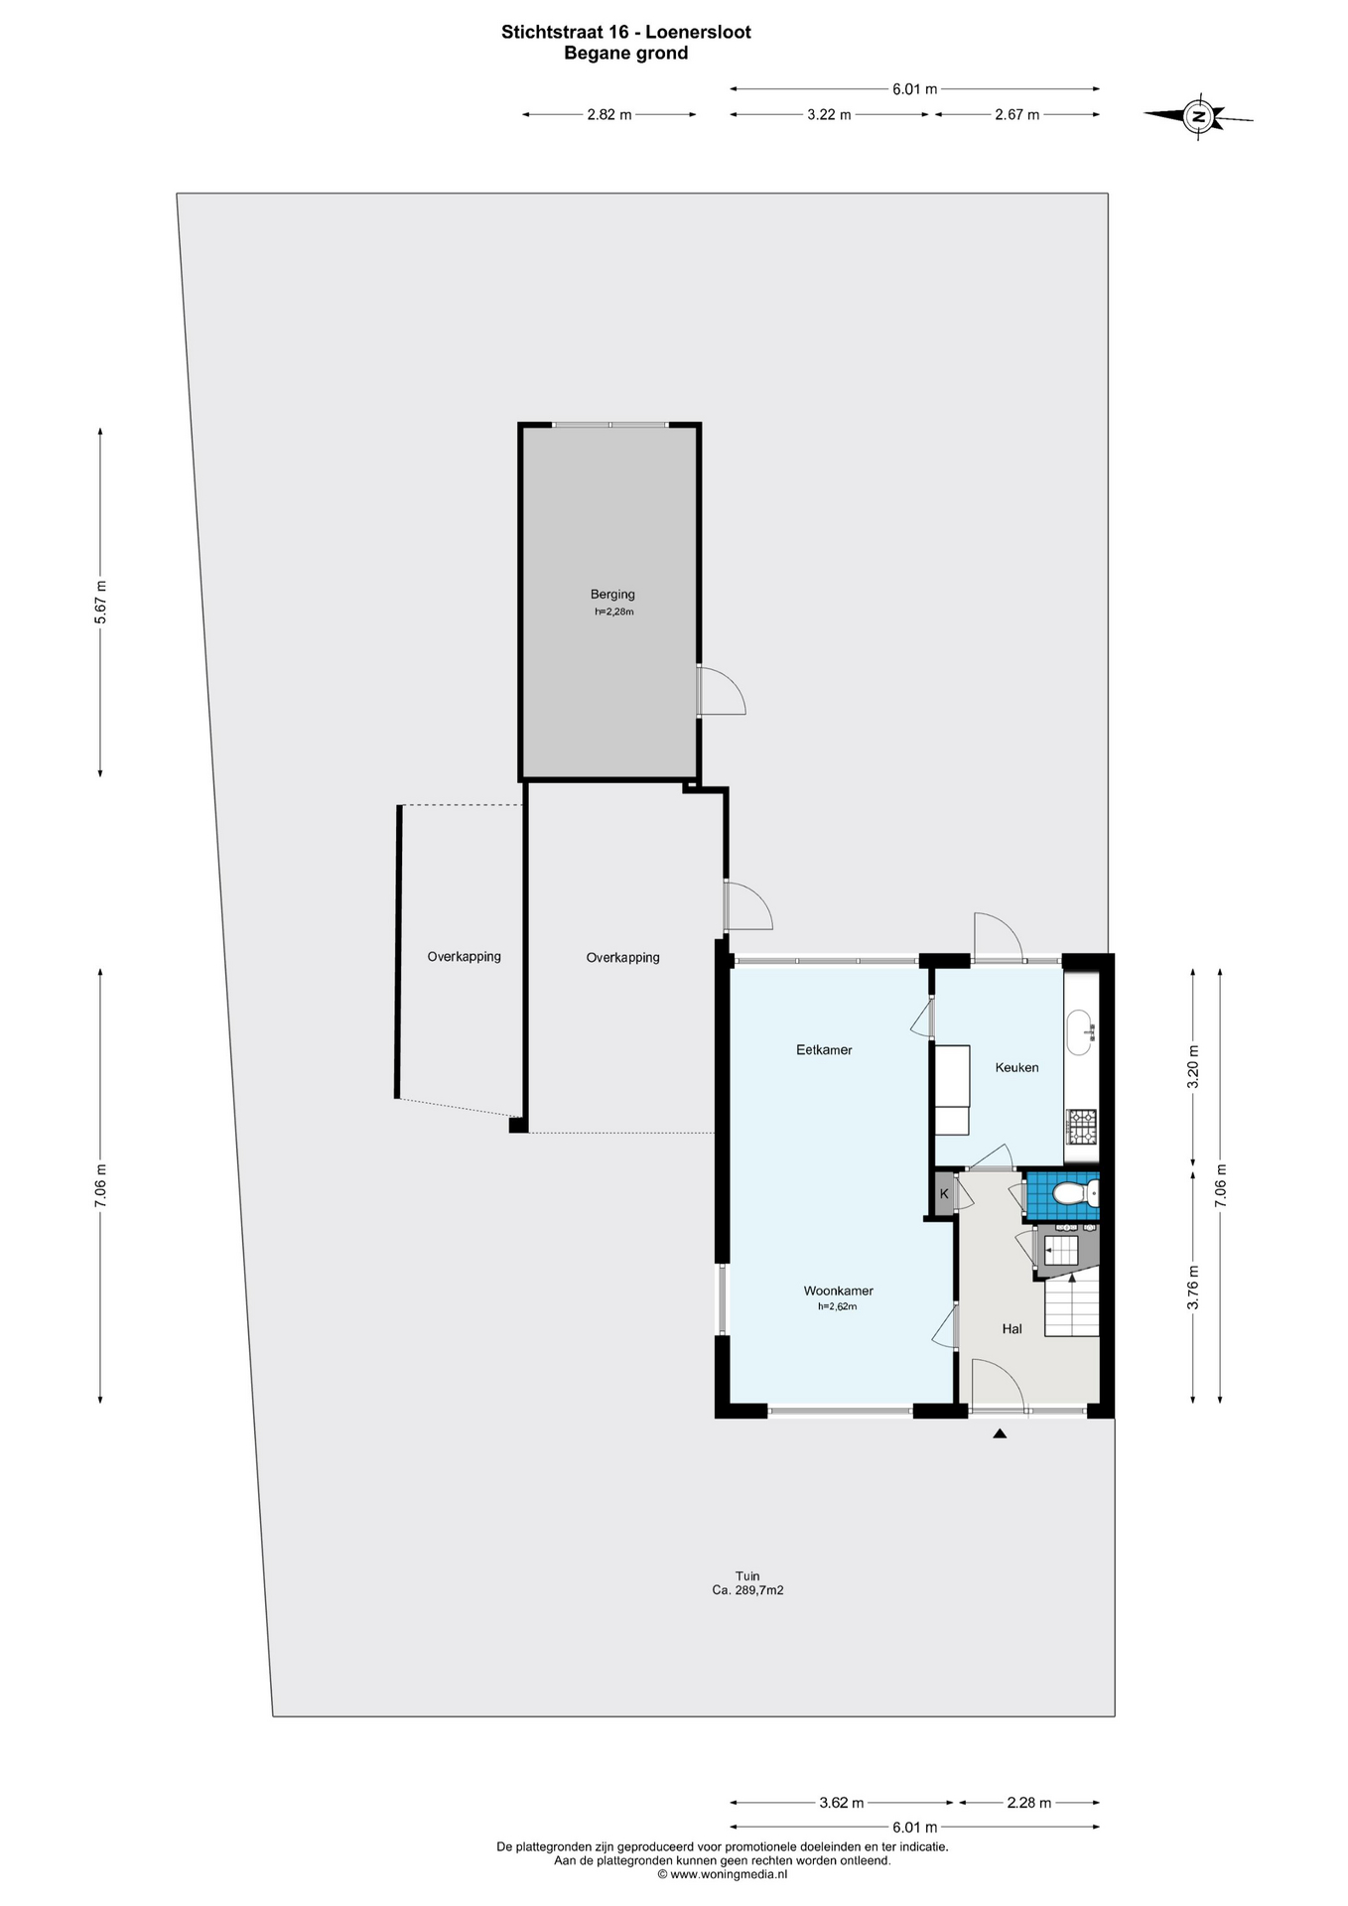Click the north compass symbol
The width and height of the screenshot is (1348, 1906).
(x=1198, y=116)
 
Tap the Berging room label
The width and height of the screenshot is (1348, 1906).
(x=612, y=595)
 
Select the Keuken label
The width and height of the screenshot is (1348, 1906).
(x=1016, y=1067)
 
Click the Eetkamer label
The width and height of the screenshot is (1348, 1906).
(x=824, y=1049)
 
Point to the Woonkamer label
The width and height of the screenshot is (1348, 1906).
(x=839, y=1291)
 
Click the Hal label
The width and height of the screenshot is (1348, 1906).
(x=1011, y=1328)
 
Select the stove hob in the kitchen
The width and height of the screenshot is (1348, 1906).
(x=1081, y=1125)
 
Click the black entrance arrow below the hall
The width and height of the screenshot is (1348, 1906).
(x=1000, y=1433)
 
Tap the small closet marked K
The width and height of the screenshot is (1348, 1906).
(x=943, y=1193)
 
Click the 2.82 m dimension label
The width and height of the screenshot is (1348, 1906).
(x=609, y=114)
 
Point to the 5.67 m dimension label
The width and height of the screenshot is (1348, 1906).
(x=99, y=602)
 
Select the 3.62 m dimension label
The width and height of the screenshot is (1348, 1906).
(x=841, y=1803)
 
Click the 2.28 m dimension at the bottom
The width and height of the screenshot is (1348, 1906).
(x=1028, y=1803)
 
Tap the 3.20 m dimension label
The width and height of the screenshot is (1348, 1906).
(x=1193, y=1067)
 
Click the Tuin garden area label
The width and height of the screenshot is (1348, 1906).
(x=747, y=1582)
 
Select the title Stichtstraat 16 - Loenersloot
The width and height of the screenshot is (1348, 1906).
(x=626, y=32)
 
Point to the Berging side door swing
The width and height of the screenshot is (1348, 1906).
(x=723, y=691)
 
